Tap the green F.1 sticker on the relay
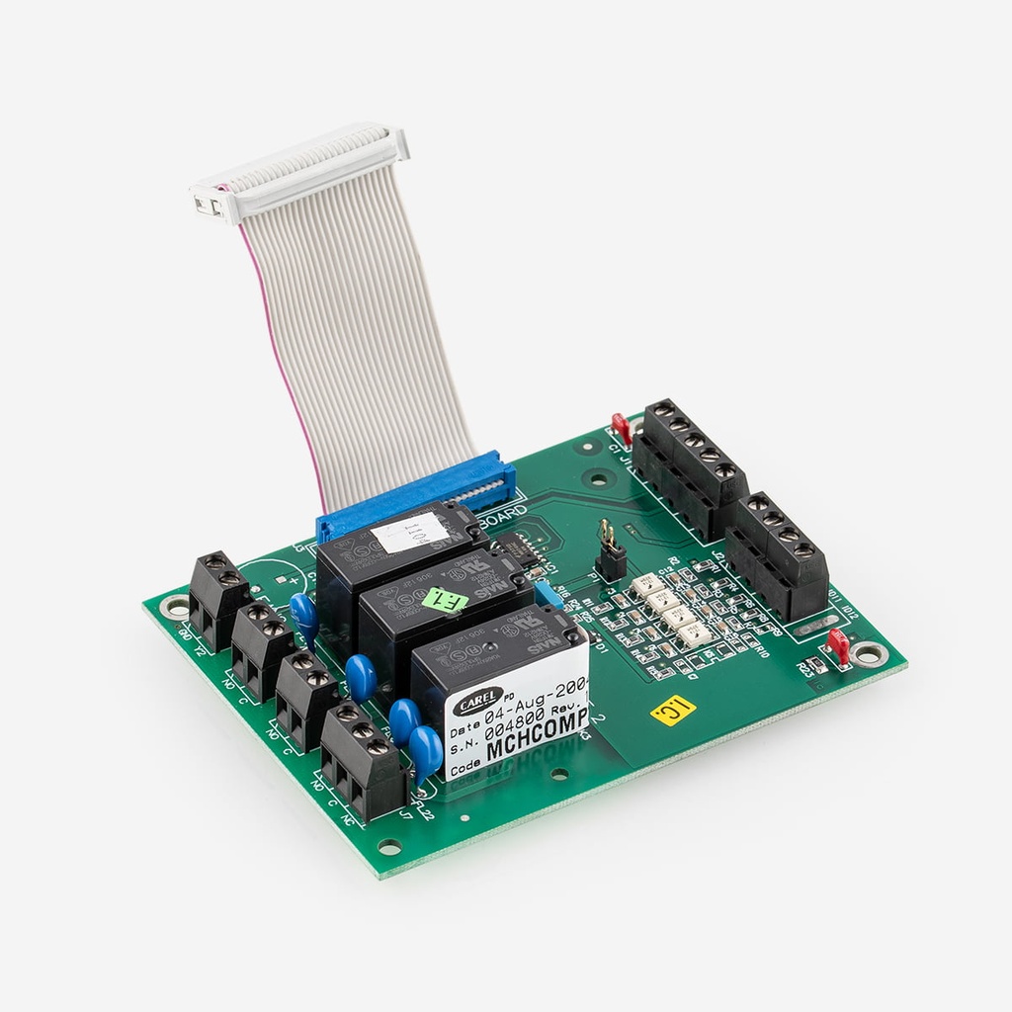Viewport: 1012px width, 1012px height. tap(445, 600)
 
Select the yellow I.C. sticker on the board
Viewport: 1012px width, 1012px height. tap(674, 709)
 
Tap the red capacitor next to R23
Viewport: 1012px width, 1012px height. tap(839, 644)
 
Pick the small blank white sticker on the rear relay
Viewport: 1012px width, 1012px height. tap(409, 534)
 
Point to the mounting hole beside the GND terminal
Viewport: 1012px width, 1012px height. tap(177, 608)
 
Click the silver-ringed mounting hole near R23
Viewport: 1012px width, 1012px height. tap(871, 653)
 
